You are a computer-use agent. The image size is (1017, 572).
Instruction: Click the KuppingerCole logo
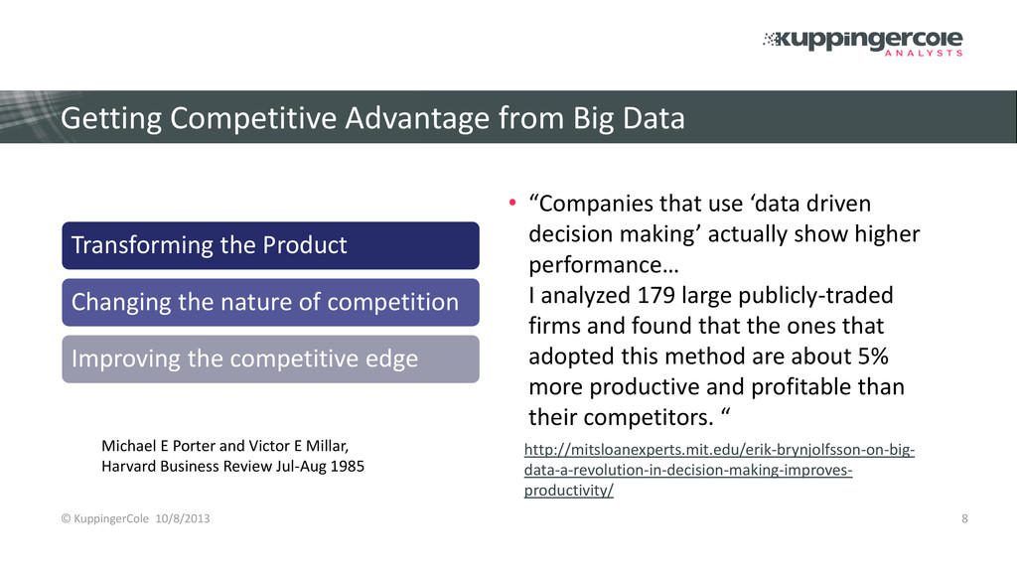(x=863, y=43)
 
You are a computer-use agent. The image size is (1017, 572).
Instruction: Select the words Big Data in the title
(x=629, y=119)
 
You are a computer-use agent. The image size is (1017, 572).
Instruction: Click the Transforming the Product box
(x=270, y=246)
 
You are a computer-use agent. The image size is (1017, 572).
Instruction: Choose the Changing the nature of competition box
(x=270, y=302)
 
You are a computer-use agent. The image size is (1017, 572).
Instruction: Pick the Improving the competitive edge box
(x=270, y=359)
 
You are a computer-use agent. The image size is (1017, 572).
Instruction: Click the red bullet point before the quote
(x=512, y=203)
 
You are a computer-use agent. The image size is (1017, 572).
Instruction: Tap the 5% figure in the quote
(x=873, y=357)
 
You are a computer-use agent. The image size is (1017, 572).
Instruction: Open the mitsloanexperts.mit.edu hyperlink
(x=719, y=470)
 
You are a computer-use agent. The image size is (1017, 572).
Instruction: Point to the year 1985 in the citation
(x=347, y=467)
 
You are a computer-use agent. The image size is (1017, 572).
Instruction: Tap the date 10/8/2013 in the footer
(x=183, y=518)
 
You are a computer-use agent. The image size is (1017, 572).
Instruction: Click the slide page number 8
(x=964, y=518)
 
